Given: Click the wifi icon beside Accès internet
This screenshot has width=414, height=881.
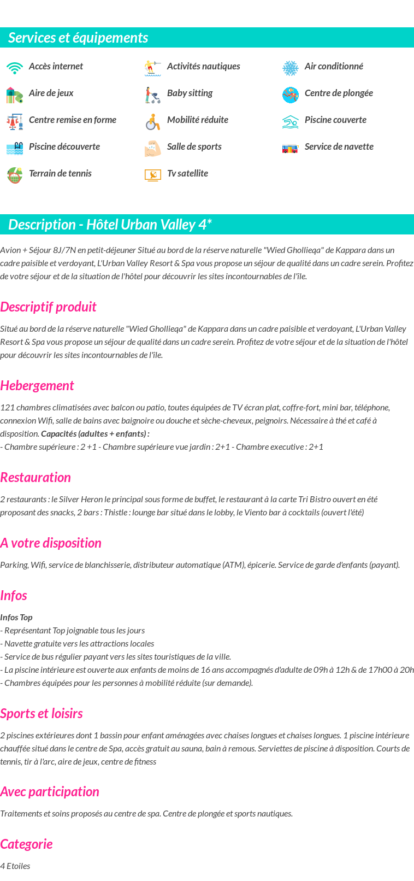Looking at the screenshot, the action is pos(15,68).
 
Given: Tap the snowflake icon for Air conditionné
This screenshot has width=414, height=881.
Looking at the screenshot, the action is pos(291,68).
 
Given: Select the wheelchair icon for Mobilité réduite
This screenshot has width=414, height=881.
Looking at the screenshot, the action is pos(153,121).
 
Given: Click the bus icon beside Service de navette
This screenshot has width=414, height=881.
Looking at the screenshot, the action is pos(291,148).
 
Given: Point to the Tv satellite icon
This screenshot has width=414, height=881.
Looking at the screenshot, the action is pos(153,175).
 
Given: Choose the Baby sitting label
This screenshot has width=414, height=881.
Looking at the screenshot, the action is pos(190,93).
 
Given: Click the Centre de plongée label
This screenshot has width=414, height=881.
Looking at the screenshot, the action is pos(339,93).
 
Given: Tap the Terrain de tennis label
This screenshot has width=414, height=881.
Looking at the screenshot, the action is pos(60,173).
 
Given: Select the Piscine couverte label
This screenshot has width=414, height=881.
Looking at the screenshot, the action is pos(335,120).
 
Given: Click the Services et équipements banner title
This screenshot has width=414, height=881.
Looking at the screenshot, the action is pos(78,38).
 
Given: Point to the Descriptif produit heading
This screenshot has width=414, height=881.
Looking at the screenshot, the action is pos(48,307).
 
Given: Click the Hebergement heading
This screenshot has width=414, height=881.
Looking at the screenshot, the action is pos(37,385).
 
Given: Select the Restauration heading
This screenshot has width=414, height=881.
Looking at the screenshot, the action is pos(36,477).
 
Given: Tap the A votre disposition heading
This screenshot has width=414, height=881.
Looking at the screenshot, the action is pos(51,543).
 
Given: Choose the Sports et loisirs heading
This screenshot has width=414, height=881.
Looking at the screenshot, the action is pos(42,713).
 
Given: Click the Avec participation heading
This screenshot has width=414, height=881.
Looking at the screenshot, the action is pos(50,791).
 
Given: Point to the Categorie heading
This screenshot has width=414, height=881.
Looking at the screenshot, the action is pos(26,844).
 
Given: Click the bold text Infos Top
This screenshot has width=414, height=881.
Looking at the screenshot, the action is pos(16,617).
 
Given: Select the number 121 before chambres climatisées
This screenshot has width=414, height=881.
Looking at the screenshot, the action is pos(7,407).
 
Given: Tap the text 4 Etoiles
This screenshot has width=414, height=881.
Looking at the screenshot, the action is pos(15,866).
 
